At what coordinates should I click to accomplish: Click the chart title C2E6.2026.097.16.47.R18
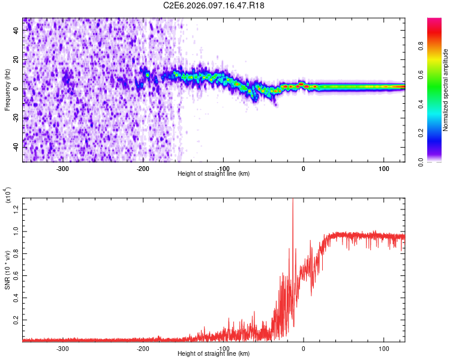214,5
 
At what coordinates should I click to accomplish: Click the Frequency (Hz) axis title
7,90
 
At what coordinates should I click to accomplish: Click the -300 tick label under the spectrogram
63,168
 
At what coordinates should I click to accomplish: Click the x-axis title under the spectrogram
214,174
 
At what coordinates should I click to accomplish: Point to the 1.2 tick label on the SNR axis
15,208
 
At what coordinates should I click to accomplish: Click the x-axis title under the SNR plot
214,354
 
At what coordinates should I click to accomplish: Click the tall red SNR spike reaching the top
293,204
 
